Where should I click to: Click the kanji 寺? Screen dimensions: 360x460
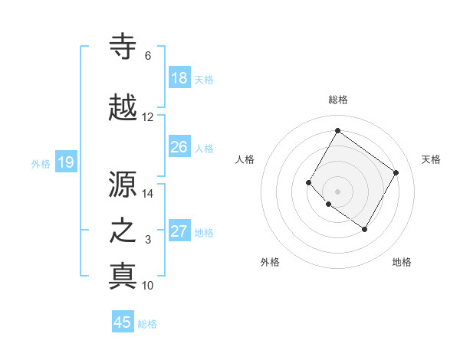point(123,47)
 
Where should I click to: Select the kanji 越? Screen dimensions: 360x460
point(123,108)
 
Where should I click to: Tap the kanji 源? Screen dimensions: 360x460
point(123,184)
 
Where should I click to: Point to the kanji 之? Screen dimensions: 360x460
point(123,231)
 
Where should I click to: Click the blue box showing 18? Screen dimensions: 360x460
point(179,78)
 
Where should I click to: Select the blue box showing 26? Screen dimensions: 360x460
point(179,147)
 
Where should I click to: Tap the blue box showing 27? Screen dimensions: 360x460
point(179,231)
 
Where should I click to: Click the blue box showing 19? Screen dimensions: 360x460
point(66,162)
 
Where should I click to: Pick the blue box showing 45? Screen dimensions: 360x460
point(123,322)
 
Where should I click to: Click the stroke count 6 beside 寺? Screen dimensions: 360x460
point(148,56)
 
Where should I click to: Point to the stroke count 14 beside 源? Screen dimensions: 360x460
point(148,194)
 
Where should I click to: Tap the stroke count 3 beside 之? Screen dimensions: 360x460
point(148,240)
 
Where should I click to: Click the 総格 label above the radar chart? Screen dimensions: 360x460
point(338,100)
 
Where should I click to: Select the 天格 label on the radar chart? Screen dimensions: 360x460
point(431,159)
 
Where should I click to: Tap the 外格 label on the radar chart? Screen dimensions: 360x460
point(270,262)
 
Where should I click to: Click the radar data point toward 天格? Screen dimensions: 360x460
point(396,173)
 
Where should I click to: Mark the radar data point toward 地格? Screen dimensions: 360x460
point(364,229)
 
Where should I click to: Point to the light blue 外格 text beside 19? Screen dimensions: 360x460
point(41,162)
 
